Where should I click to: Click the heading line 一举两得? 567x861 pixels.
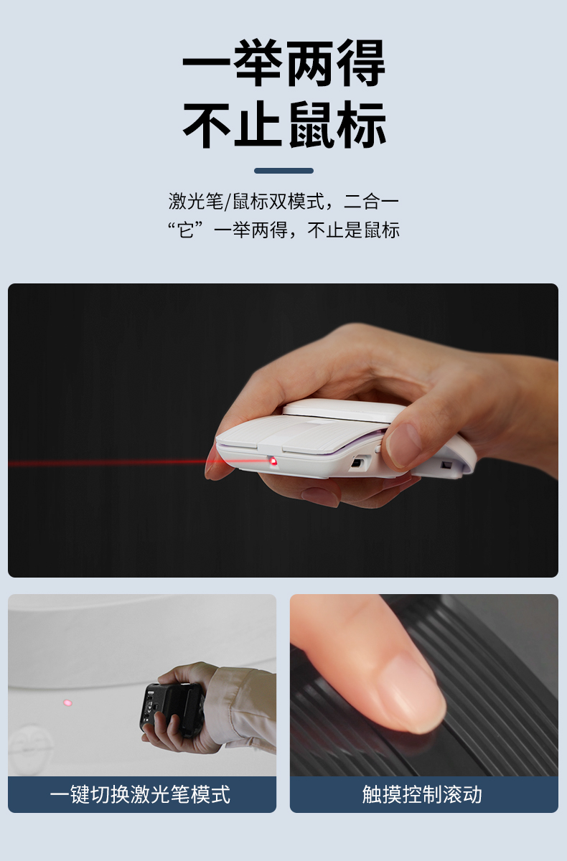(283, 63)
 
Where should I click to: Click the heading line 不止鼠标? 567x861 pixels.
(283, 125)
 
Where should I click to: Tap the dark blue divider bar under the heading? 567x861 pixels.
(283, 171)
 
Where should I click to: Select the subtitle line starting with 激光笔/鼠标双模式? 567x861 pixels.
(283, 201)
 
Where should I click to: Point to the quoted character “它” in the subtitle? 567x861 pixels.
(185, 230)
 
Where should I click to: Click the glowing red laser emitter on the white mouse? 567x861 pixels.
(273, 461)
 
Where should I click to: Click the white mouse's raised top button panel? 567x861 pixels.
(342, 410)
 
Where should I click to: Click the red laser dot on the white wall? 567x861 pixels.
(67, 702)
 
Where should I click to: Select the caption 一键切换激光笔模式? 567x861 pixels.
(140, 794)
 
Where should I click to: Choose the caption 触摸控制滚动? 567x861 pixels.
(422, 794)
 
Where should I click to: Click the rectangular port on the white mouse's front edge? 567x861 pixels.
(356, 462)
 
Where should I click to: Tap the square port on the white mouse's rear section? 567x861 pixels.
(446, 466)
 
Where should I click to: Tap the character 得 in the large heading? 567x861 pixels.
(361, 63)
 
